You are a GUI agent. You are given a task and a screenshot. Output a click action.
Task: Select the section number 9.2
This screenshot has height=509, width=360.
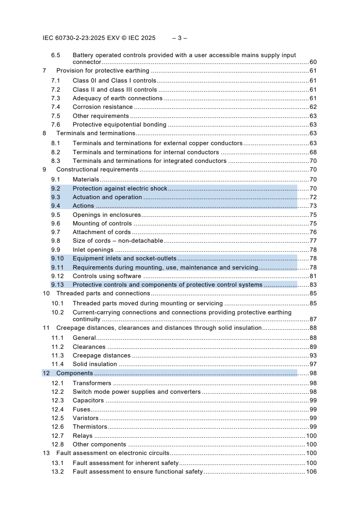[56, 188]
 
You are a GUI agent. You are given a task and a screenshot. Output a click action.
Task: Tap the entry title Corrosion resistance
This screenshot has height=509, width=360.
[103, 107]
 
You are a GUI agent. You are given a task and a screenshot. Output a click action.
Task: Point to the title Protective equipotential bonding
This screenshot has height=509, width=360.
[119, 124]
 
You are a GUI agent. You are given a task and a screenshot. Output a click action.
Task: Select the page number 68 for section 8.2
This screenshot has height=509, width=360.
[313, 152]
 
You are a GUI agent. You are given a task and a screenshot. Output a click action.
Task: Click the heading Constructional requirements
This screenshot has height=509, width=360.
[97, 170]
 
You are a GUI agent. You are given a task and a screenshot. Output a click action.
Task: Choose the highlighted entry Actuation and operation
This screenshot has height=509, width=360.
[107, 197]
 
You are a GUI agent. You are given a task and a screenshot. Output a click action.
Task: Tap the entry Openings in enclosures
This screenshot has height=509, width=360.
[107, 215]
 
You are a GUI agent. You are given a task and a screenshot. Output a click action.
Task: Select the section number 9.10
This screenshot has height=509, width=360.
[57, 258]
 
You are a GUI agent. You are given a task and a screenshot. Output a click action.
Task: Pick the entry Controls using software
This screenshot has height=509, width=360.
[107, 276]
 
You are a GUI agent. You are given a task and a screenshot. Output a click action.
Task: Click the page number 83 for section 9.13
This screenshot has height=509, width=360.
[313, 285]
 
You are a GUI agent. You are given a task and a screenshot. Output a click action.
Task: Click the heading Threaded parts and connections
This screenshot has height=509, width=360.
[103, 294]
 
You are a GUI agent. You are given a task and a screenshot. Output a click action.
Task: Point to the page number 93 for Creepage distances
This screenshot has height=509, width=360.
[313, 356]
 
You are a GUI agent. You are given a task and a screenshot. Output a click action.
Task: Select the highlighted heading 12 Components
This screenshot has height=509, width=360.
[74, 373]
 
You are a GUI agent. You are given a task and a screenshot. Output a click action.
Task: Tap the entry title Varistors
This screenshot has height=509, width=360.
[85, 418]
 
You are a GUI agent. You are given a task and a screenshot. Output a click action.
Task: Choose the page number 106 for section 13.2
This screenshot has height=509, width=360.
[311, 472]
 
